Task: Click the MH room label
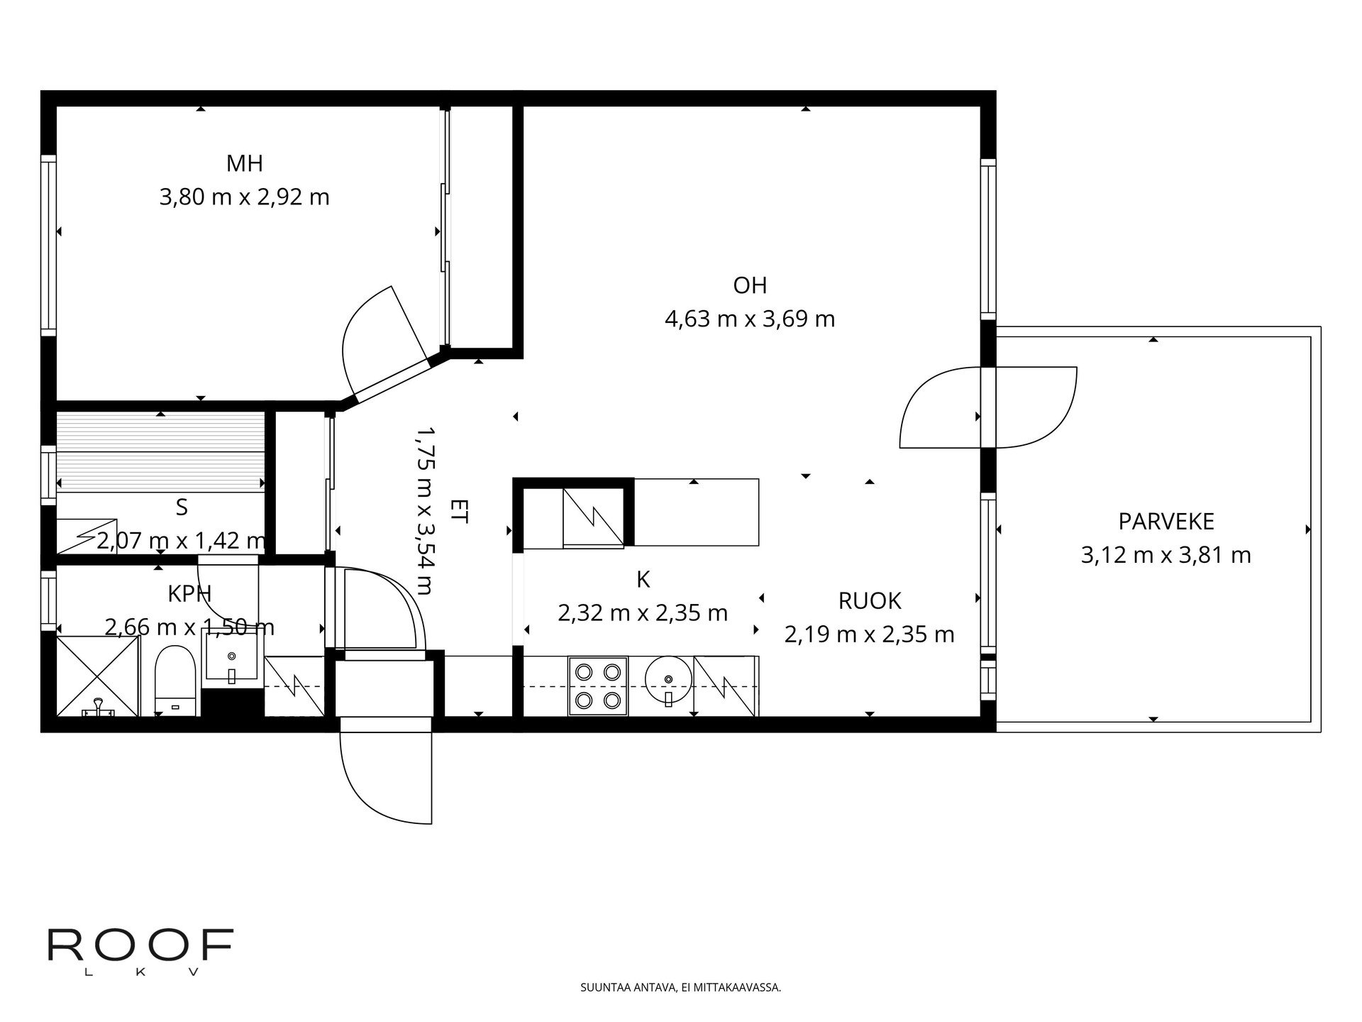point(244,164)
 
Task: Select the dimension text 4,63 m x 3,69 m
point(750,319)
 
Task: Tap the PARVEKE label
point(1166,522)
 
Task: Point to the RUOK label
point(870,601)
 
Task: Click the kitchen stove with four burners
point(598,686)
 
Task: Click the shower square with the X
point(98,676)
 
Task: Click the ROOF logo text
point(140,945)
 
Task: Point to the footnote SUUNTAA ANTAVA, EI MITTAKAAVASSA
point(680,987)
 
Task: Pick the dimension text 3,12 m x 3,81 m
point(1166,555)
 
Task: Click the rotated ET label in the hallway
point(459,511)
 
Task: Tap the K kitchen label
point(643,580)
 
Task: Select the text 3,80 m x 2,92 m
point(245,197)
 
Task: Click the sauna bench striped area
point(160,451)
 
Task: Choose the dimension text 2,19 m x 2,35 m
point(870,634)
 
